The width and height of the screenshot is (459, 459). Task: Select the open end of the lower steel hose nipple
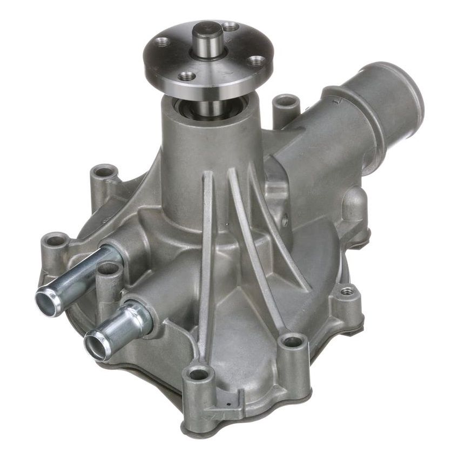[95, 345]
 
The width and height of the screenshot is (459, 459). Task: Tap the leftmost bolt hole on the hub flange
[160, 42]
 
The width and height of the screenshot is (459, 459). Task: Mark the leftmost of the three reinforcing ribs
[206, 243]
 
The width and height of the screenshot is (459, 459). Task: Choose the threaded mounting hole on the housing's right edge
[347, 291]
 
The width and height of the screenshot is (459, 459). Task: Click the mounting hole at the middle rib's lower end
[292, 341]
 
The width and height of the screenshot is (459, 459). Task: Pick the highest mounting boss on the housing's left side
[104, 172]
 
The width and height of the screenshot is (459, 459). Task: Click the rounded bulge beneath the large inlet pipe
[354, 205]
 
